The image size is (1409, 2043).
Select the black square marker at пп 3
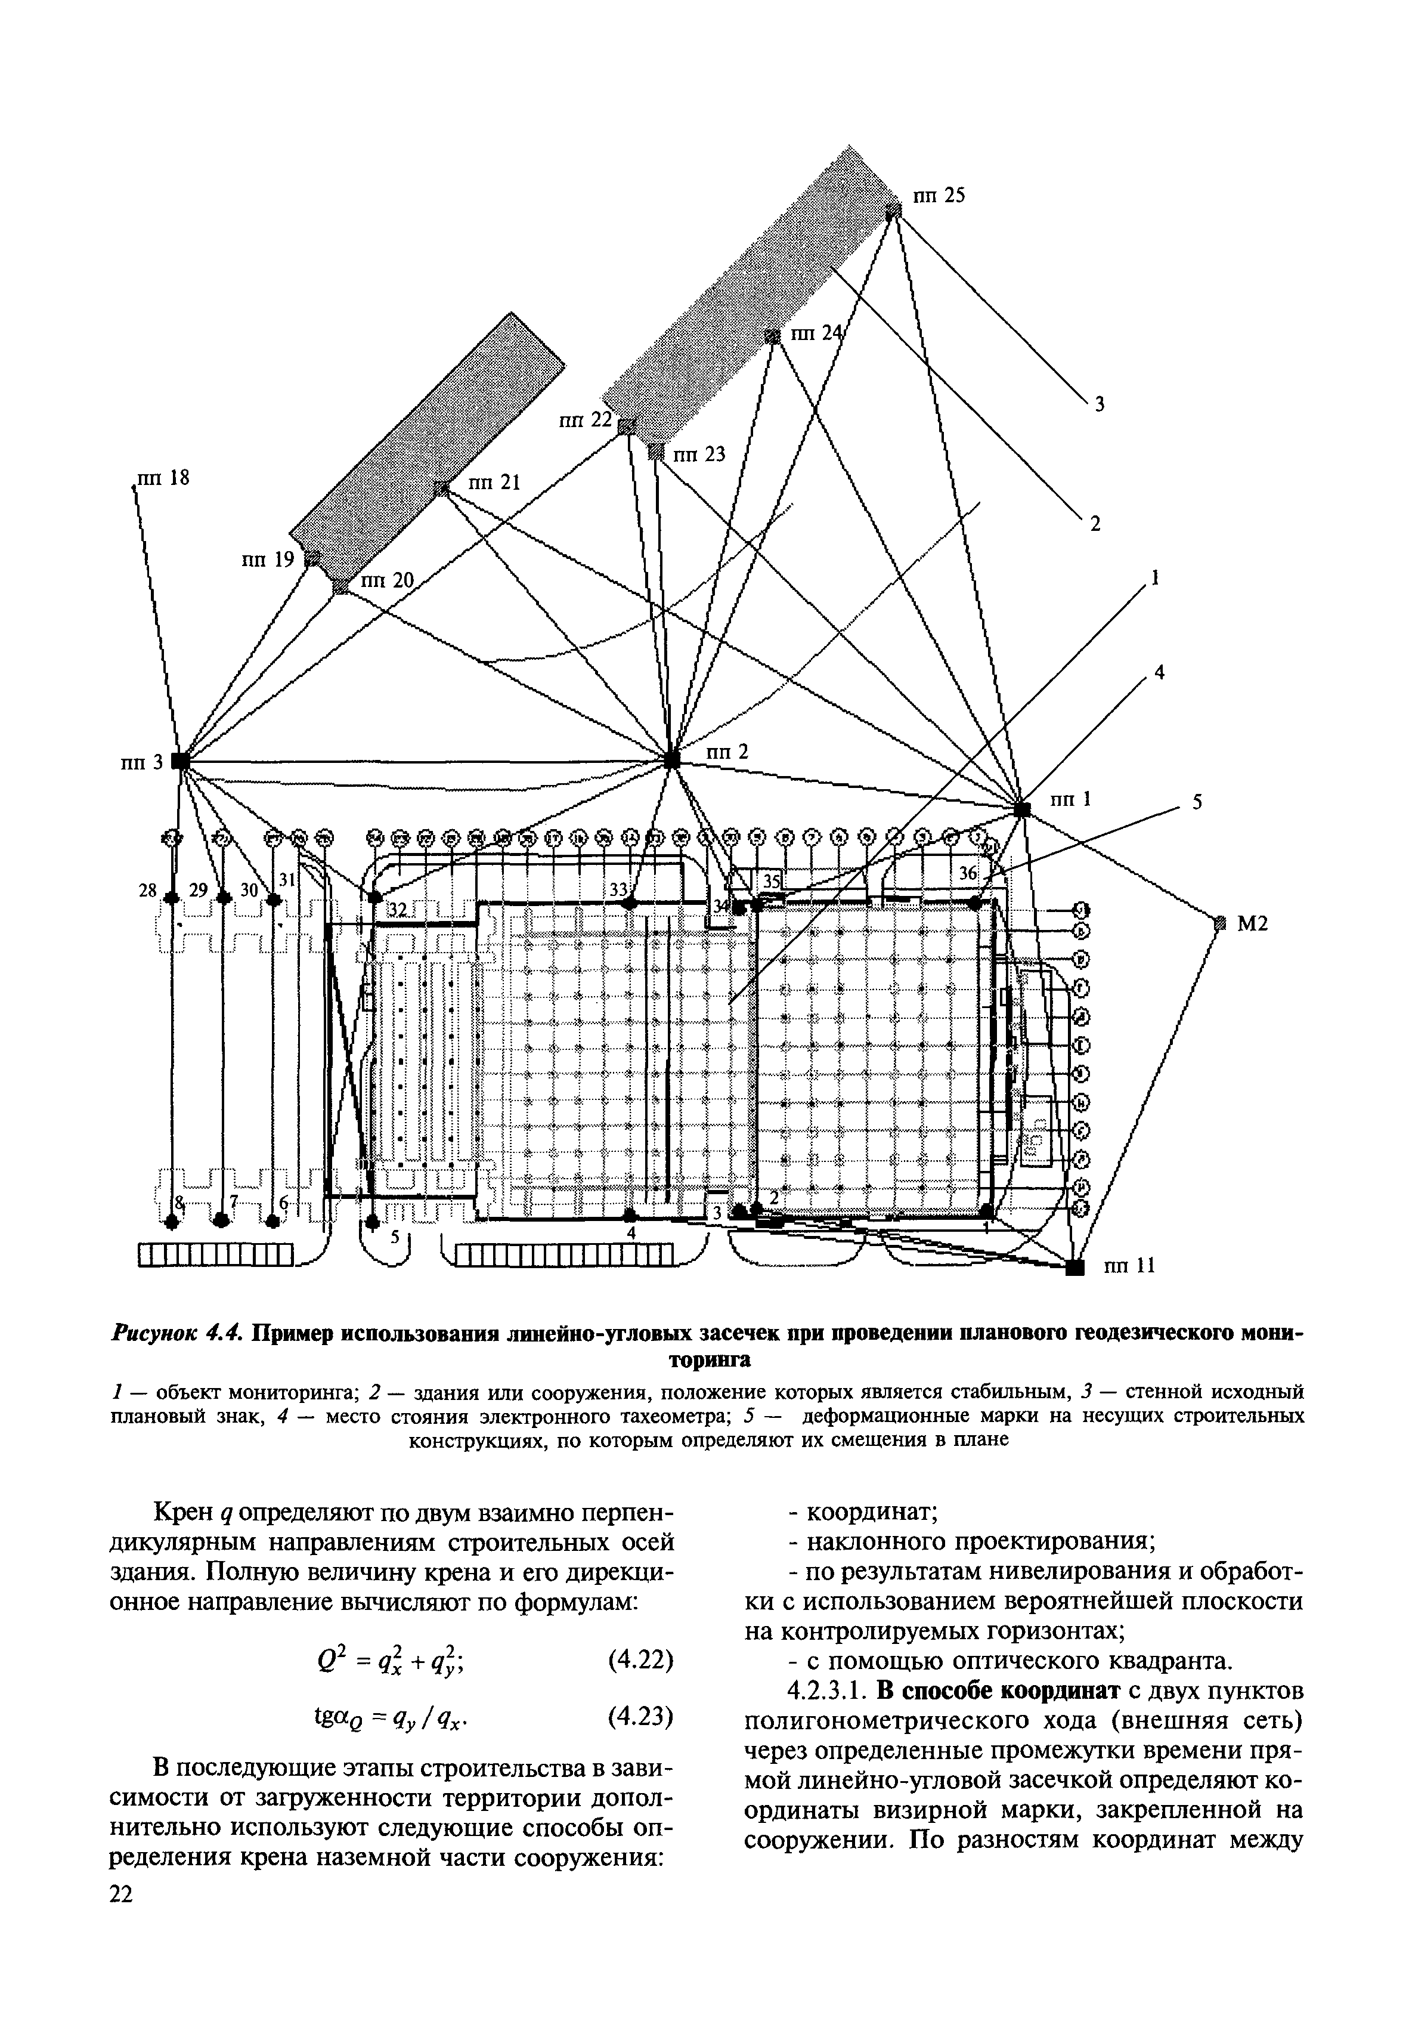point(179,761)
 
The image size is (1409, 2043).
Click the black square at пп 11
point(1074,1268)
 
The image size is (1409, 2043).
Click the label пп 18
point(164,478)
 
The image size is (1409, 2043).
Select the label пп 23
point(699,455)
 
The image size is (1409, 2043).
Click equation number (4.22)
point(641,1661)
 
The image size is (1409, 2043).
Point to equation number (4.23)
point(641,1716)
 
